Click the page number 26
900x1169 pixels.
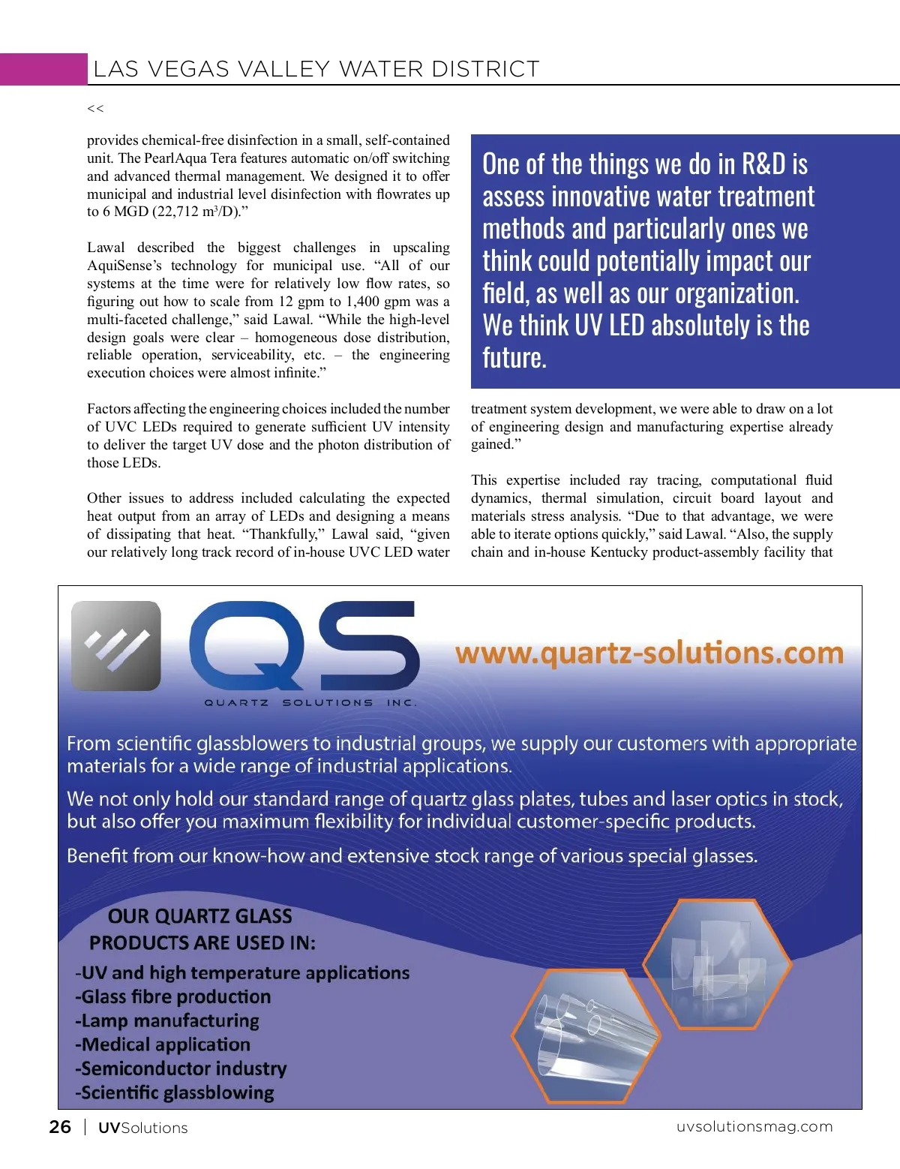[x=60, y=1127]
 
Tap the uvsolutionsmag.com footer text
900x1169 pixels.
[x=754, y=1126]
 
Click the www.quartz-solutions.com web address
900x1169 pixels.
[x=649, y=653]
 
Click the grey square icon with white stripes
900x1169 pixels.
[x=116, y=645]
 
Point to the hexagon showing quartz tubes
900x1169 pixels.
[x=586, y=1036]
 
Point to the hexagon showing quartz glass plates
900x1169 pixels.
[x=717, y=964]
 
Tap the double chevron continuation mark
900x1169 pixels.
[x=95, y=109]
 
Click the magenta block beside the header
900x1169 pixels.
[x=43, y=69]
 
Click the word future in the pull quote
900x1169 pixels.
[x=514, y=358]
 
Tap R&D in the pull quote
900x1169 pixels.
[x=763, y=164]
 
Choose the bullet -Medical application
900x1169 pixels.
[x=163, y=1044]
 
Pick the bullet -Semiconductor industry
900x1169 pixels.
[x=181, y=1068]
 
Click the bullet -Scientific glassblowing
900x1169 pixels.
[x=175, y=1092]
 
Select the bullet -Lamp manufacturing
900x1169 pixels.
[x=167, y=1020]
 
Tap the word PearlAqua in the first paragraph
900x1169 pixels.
[x=174, y=158]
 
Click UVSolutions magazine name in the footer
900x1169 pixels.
[x=142, y=1128]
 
